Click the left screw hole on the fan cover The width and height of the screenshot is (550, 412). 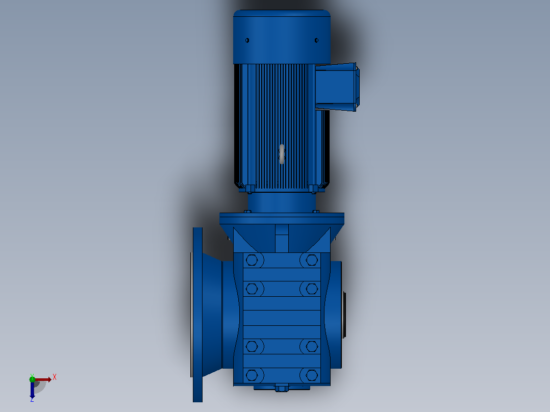pyautogui.click(x=247, y=40)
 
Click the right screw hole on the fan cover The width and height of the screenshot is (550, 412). pyautogui.click(x=316, y=40)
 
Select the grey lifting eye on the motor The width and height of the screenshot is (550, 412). pyautogui.click(x=282, y=154)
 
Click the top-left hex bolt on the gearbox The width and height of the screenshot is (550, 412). pyautogui.click(x=252, y=260)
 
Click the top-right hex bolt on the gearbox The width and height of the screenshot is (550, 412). pyautogui.click(x=311, y=260)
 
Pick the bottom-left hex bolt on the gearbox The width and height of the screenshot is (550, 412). pyautogui.click(x=252, y=375)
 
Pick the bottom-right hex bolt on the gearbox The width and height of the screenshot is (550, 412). pyautogui.click(x=311, y=375)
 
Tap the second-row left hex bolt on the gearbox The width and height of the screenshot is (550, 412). pyautogui.click(x=252, y=289)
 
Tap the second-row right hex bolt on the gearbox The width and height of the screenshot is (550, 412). pyautogui.click(x=311, y=289)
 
